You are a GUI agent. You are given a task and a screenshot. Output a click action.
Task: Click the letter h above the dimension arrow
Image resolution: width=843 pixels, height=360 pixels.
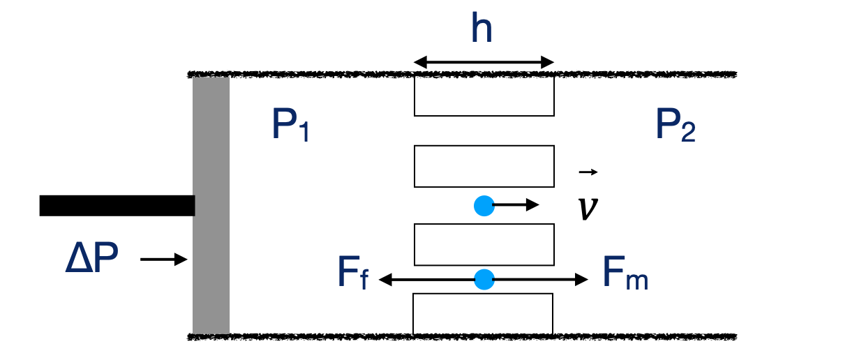482,30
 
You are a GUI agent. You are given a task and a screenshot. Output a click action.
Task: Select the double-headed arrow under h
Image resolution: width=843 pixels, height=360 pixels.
484,63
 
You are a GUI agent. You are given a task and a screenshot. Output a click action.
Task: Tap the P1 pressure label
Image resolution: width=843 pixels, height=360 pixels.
290,126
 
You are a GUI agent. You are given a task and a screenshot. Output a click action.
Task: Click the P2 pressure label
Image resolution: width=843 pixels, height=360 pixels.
675,126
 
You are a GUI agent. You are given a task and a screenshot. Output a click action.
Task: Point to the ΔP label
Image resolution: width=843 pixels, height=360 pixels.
91,260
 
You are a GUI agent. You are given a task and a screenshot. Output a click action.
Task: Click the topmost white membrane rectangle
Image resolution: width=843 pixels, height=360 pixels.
484,96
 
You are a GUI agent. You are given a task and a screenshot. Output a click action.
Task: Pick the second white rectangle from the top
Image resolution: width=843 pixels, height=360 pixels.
484,166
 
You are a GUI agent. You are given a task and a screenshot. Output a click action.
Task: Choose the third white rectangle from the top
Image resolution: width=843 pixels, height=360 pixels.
484,244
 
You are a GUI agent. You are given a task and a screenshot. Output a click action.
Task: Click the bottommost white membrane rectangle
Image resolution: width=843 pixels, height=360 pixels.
484,314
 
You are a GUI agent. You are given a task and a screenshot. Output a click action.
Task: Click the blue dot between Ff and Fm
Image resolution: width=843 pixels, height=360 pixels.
484,280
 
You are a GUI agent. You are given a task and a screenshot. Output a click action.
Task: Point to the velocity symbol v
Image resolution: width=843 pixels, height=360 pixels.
588,208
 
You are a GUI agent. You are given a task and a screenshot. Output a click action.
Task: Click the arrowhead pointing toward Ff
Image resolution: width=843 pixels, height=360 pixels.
385,280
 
